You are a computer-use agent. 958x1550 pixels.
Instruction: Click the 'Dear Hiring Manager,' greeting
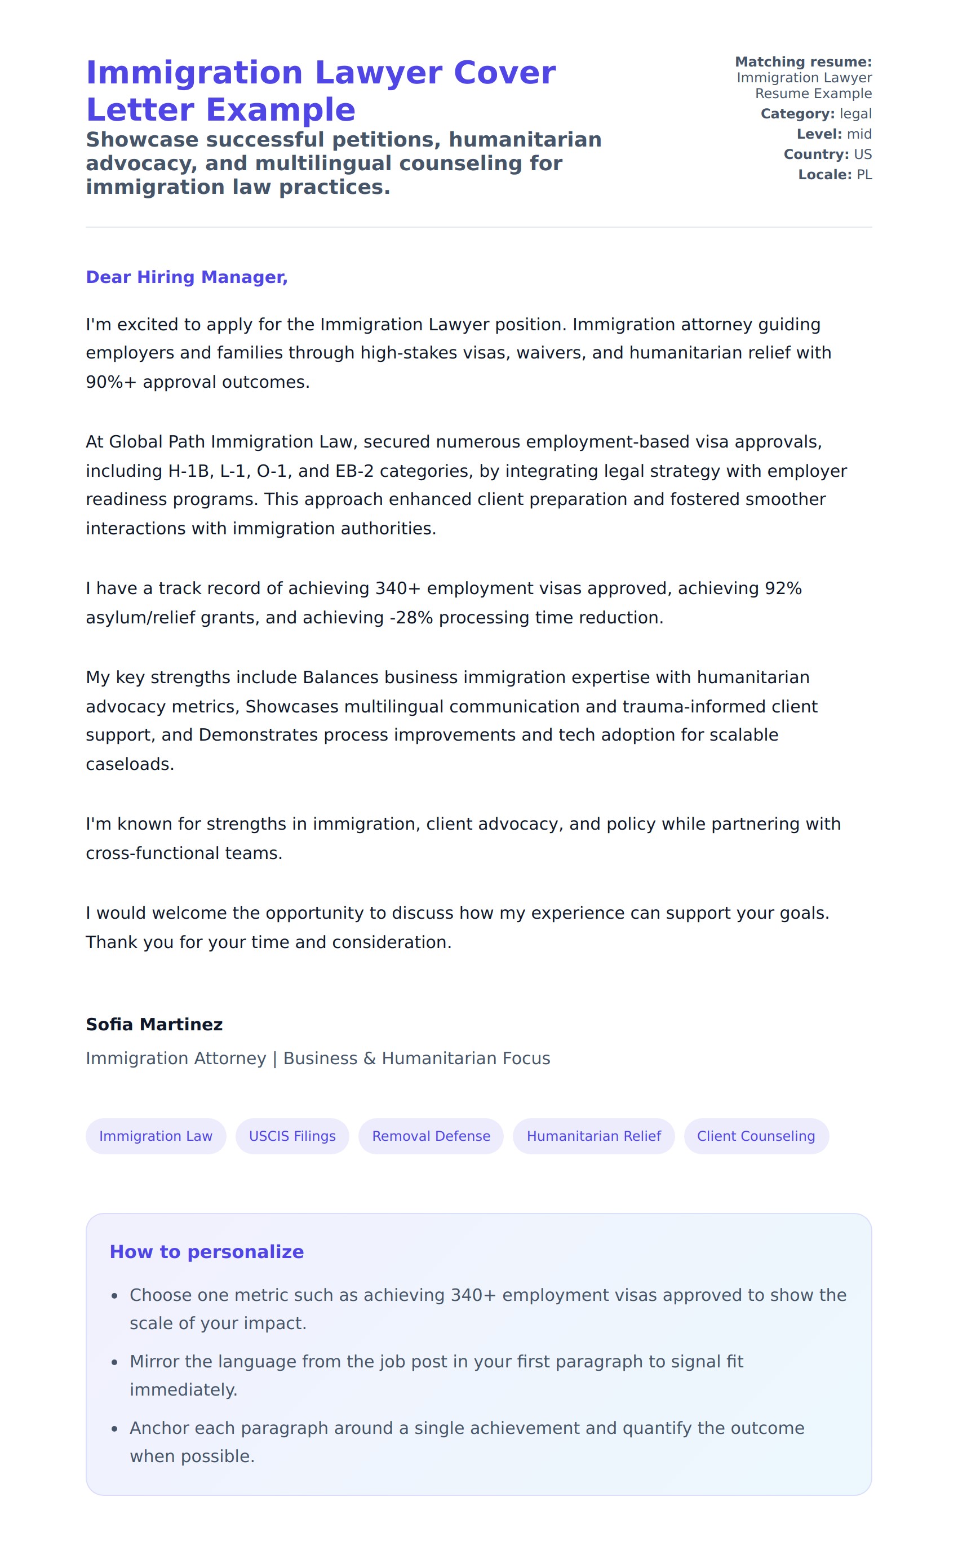pos(187,277)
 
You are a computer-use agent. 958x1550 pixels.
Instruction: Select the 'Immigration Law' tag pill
pos(156,1136)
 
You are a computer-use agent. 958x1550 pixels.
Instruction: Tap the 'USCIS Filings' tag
pos(292,1136)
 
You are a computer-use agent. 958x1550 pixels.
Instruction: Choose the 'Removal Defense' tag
pos(431,1136)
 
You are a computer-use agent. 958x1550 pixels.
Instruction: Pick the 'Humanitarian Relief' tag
pos(594,1136)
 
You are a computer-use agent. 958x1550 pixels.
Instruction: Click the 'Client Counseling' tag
pos(756,1136)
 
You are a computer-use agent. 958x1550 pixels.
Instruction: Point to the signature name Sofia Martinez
pos(154,1024)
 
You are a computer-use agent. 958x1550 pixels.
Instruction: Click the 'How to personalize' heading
pos(207,1251)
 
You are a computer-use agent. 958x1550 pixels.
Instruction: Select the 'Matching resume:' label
pos(803,61)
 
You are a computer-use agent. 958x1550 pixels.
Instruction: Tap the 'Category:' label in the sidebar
pos(797,113)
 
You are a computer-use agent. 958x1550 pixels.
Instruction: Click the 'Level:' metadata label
pos(819,134)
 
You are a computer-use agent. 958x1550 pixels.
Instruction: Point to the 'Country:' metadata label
pos(815,154)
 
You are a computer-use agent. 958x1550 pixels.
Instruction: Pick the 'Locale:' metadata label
pos(824,174)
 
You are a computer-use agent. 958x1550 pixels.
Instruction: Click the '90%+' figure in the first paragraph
pos(112,382)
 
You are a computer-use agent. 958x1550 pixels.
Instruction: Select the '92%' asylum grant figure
pos(783,588)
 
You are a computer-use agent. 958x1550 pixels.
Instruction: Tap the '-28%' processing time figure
pos(409,617)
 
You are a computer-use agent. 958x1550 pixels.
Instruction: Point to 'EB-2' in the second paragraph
pos(354,471)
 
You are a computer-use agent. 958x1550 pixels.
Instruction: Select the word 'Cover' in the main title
pos(504,72)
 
